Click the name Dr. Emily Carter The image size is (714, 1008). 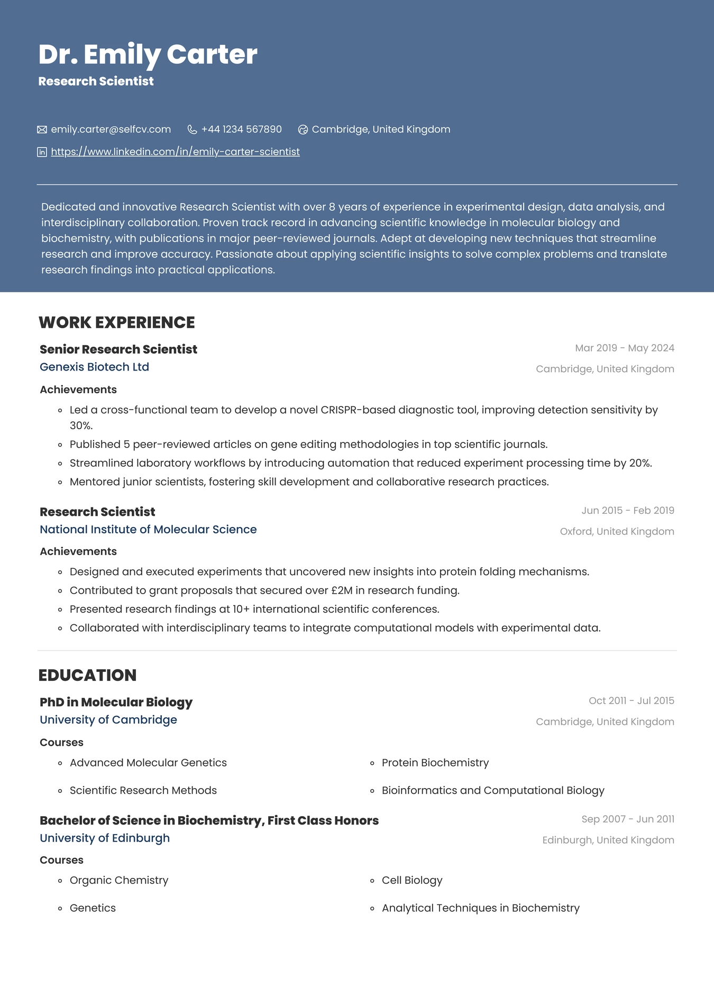coord(148,54)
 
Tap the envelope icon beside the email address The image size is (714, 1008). coord(42,130)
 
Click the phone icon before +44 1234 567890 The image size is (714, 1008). coord(193,130)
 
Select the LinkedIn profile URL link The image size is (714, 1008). coord(175,152)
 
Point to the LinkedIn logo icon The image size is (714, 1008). coord(42,152)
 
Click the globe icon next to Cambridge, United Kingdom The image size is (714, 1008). coord(303,130)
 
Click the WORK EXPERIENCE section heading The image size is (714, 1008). coord(116,322)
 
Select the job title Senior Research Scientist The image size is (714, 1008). coord(118,349)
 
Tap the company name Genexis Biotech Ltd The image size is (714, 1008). coord(94,367)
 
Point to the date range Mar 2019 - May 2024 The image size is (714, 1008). coord(624,348)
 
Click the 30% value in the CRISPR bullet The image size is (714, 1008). coord(81,426)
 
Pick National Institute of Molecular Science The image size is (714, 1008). coord(148,530)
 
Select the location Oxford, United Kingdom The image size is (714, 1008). coord(617,531)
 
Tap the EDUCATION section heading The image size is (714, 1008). coord(87,675)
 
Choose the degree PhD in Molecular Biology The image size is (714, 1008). coord(116,702)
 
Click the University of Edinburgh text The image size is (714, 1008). coord(105,838)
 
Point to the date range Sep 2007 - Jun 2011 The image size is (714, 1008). coord(627,819)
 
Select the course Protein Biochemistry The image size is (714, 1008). coord(435,763)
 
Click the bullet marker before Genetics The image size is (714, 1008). coord(60,909)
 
